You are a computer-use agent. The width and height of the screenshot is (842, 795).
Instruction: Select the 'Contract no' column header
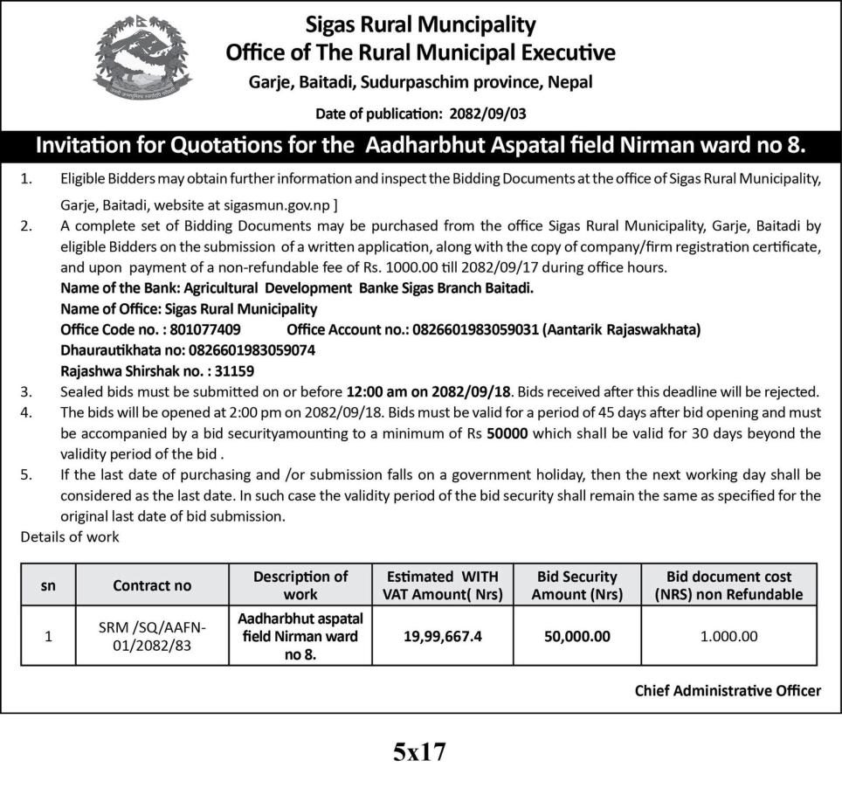click(152, 585)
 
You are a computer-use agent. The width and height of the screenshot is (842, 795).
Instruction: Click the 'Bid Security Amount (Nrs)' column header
click(576, 585)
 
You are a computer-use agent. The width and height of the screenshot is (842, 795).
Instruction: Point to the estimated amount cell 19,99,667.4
click(443, 636)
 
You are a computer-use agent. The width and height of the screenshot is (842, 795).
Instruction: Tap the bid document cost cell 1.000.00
click(729, 636)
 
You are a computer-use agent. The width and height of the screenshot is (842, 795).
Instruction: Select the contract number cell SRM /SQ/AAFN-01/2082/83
click(152, 636)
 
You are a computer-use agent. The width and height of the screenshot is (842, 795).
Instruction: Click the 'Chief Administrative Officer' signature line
click(728, 691)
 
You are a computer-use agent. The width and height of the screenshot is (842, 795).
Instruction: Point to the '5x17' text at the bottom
click(419, 752)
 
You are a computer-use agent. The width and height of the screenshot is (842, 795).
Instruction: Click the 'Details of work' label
click(70, 536)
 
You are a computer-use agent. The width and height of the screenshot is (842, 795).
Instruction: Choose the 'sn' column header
click(48, 585)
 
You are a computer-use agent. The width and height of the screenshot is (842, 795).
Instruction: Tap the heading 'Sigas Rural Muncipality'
click(420, 24)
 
